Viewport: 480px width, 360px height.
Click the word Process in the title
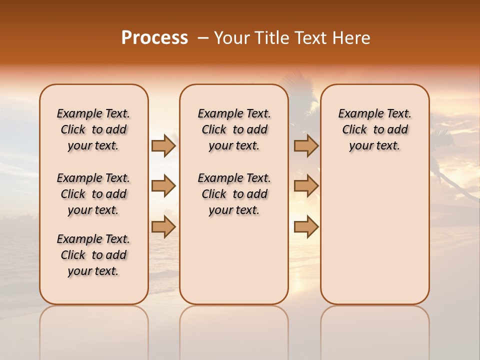point(154,38)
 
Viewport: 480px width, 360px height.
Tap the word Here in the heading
point(352,38)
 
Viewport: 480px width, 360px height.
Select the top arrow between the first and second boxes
point(163,145)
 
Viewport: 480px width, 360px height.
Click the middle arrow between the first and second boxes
point(163,186)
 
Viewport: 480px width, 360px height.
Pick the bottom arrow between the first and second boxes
point(163,226)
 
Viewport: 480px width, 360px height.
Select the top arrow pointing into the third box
point(306,145)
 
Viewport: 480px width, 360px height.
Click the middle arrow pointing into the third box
point(306,186)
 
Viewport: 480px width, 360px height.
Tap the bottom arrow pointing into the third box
point(306,226)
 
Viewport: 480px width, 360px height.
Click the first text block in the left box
point(93,129)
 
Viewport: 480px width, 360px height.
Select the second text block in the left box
point(93,194)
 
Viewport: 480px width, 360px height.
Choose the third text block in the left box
point(93,255)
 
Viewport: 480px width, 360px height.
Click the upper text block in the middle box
point(234,129)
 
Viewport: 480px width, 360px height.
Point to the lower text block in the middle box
point(234,194)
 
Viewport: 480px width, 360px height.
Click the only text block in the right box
point(375,129)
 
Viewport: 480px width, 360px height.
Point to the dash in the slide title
point(203,38)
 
